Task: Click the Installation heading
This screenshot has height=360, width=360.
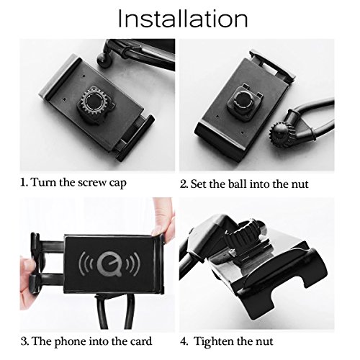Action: pos(183,19)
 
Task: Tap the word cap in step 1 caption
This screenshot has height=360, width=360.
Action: pos(117,184)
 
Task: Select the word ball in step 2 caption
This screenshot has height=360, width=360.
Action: pos(237,184)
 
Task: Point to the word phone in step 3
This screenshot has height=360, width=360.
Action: pos(70,342)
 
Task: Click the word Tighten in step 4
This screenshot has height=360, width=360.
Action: pos(213,341)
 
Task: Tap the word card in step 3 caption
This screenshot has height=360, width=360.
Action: pos(142,341)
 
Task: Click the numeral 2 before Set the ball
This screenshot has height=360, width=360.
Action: pos(184,184)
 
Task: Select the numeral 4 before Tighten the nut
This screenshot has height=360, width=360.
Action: pos(184,341)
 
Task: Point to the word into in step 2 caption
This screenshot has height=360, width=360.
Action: pos(259,184)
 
